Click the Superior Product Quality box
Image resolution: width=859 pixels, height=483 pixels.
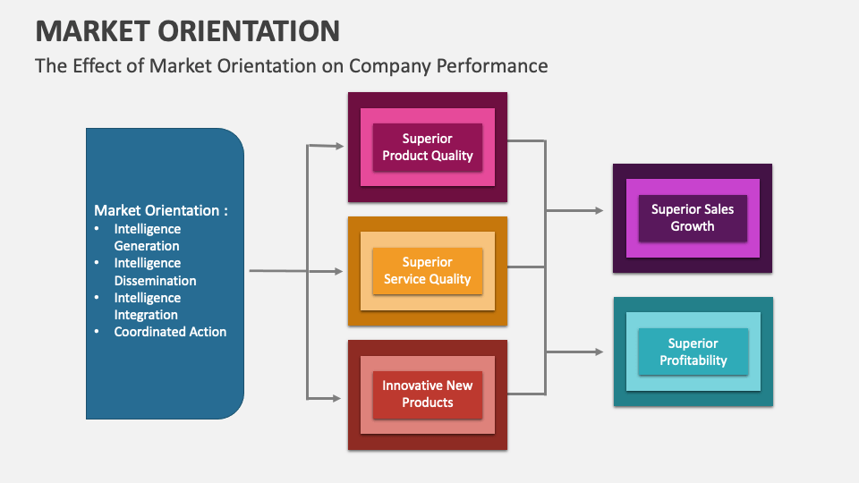[427, 148]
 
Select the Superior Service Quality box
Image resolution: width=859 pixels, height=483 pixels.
[427, 271]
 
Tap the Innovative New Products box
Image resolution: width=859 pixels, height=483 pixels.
[427, 394]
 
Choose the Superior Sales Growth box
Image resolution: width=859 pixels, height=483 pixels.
[692, 218]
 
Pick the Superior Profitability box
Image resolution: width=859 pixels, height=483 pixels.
[693, 352]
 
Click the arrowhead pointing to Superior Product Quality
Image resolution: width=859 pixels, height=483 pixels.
[339, 145]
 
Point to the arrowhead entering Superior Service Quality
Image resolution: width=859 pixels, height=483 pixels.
[339, 271]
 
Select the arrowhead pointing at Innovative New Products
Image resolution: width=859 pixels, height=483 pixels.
[339, 396]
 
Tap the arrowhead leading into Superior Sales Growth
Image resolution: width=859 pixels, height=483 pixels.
[599, 211]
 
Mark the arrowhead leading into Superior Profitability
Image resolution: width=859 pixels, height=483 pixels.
[599, 352]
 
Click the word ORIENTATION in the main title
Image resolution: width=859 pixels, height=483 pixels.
[251, 30]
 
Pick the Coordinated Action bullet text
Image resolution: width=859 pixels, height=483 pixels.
[170, 332]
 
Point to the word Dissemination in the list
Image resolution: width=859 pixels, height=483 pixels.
[155, 280]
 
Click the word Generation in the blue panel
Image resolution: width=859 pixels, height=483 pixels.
[147, 246]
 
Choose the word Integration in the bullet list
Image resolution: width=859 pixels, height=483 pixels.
[146, 315]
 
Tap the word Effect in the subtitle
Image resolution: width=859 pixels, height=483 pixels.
[94, 66]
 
